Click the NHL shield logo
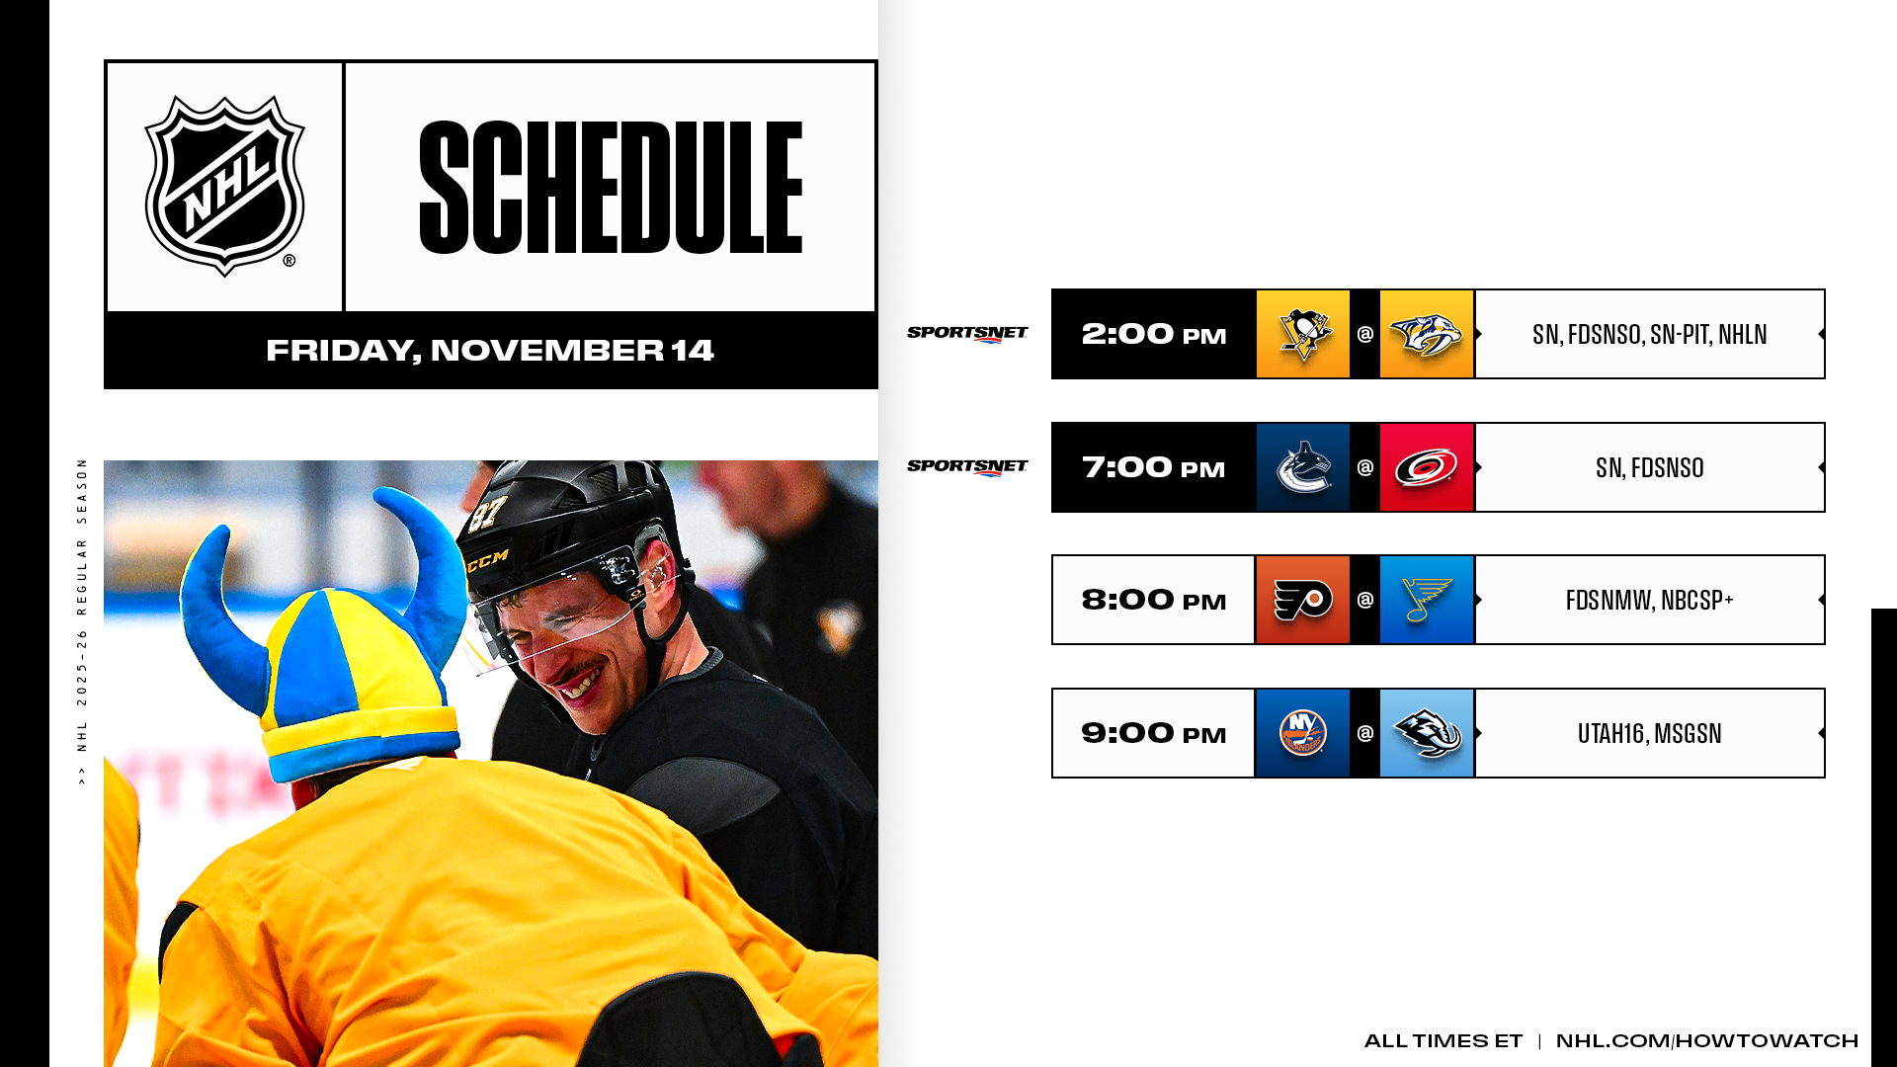click(x=225, y=186)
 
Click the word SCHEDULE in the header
click(x=611, y=188)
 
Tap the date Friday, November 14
click(x=490, y=351)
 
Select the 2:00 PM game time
click(x=1154, y=334)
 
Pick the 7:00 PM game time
click(x=1154, y=467)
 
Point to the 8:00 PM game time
click(x=1154, y=600)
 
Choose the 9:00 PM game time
click(x=1154, y=733)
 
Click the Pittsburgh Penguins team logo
click(x=1303, y=334)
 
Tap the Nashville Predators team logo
click(x=1427, y=335)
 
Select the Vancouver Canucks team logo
click(x=1303, y=467)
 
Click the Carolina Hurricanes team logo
click(x=1427, y=468)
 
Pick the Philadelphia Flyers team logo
click(x=1303, y=601)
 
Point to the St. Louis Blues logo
click(x=1427, y=600)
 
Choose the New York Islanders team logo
click(x=1303, y=733)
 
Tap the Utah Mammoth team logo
click(x=1427, y=734)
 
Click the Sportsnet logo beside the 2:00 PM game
click(x=967, y=334)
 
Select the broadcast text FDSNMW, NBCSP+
click(x=1650, y=600)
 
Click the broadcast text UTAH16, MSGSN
click(x=1650, y=733)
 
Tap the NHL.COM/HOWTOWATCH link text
click(x=1707, y=1040)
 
